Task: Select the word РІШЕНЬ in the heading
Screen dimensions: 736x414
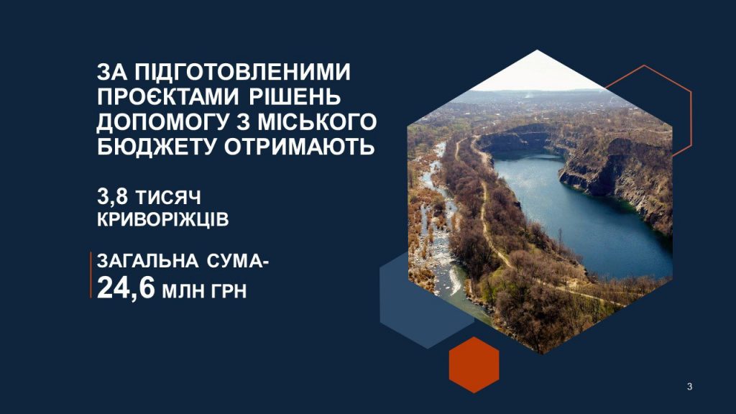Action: [295, 97]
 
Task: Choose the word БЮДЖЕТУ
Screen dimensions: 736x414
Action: [157, 147]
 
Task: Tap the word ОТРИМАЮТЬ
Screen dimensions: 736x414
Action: [299, 147]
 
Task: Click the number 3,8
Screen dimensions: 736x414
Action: [112, 197]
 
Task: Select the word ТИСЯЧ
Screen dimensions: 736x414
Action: [168, 198]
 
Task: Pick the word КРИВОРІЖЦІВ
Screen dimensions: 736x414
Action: [163, 220]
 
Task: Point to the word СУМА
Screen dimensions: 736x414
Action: [235, 261]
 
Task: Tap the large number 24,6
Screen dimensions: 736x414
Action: [126, 287]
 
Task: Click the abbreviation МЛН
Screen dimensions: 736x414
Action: [183, 291]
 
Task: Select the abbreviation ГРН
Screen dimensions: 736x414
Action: [229, 291]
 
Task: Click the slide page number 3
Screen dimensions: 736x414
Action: [689, 387]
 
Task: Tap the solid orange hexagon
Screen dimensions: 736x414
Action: [474, 364]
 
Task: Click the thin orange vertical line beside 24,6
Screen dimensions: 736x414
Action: [91, 275]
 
